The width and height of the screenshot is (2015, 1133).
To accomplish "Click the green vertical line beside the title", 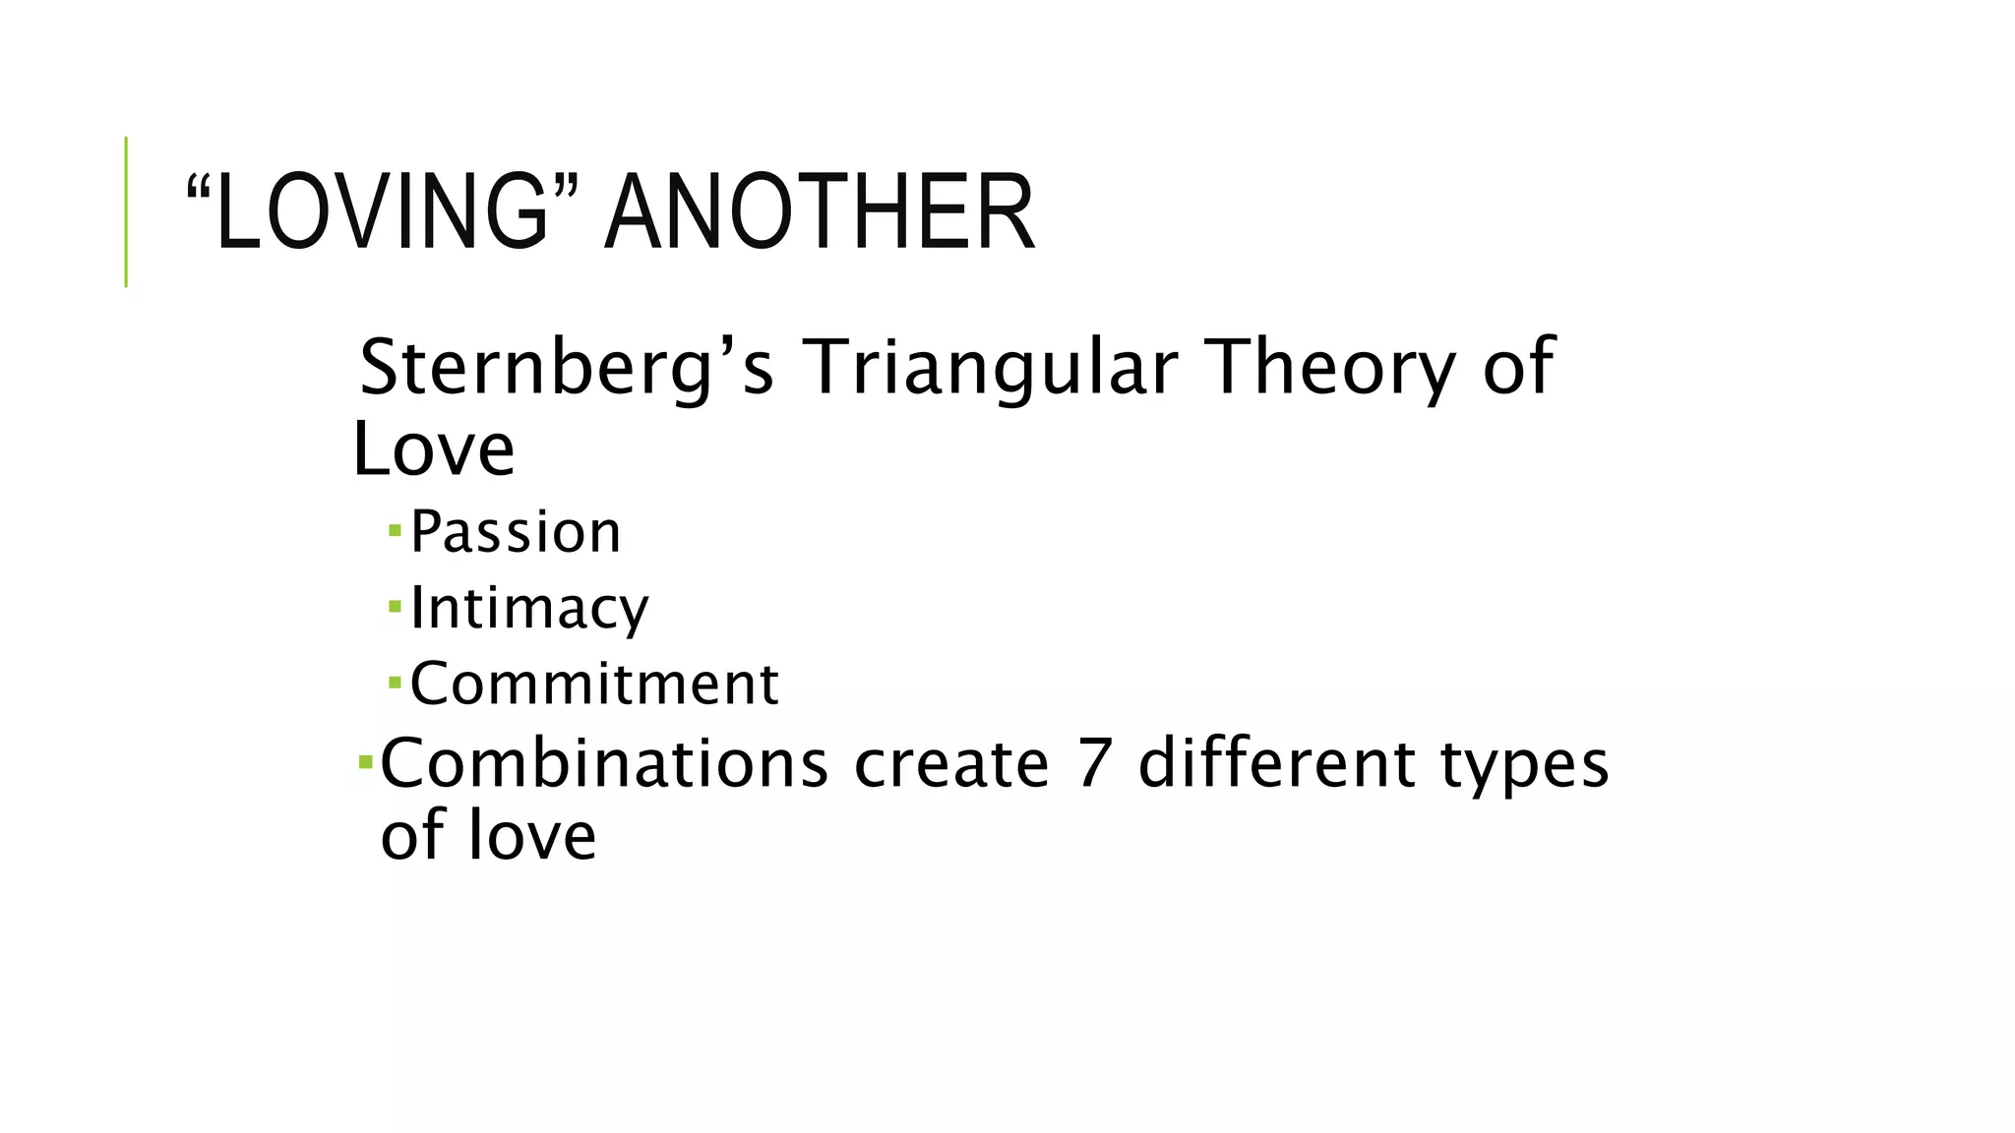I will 126,211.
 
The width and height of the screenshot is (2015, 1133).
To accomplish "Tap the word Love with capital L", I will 434,450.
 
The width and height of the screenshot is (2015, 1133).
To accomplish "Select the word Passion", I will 516,532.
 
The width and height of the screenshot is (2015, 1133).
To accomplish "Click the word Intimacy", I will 529,608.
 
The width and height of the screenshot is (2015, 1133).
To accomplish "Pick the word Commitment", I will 594,684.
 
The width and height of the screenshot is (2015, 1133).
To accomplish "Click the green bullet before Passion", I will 395,531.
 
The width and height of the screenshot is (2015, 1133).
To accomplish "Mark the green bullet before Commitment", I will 395,682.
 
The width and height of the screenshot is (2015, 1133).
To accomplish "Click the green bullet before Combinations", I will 365,761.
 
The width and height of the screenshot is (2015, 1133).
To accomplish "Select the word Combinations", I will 604,764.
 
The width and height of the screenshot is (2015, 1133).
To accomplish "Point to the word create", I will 951,764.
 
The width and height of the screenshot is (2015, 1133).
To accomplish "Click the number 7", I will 1094,764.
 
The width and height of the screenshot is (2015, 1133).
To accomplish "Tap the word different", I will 1276,764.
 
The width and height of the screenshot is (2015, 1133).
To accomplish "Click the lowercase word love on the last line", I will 531,836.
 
